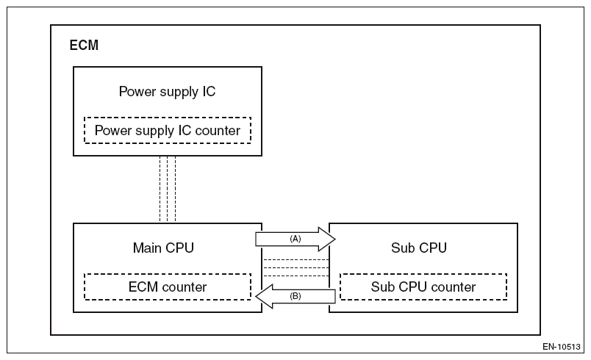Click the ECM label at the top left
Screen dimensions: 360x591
(83, 46)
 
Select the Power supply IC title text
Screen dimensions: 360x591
(167, 92)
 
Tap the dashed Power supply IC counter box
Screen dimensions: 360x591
(167, 131)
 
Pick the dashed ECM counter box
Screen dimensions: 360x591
(167, 287)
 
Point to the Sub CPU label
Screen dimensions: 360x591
(420, 248)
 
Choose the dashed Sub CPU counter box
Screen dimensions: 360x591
(423, 287)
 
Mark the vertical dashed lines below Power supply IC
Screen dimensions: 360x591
(168, 189)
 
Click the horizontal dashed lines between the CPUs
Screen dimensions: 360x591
(295, 267)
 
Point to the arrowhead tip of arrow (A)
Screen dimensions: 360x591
(334, 239)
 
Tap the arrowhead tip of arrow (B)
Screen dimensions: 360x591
(257, 296)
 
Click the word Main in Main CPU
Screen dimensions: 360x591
(146, 248)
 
